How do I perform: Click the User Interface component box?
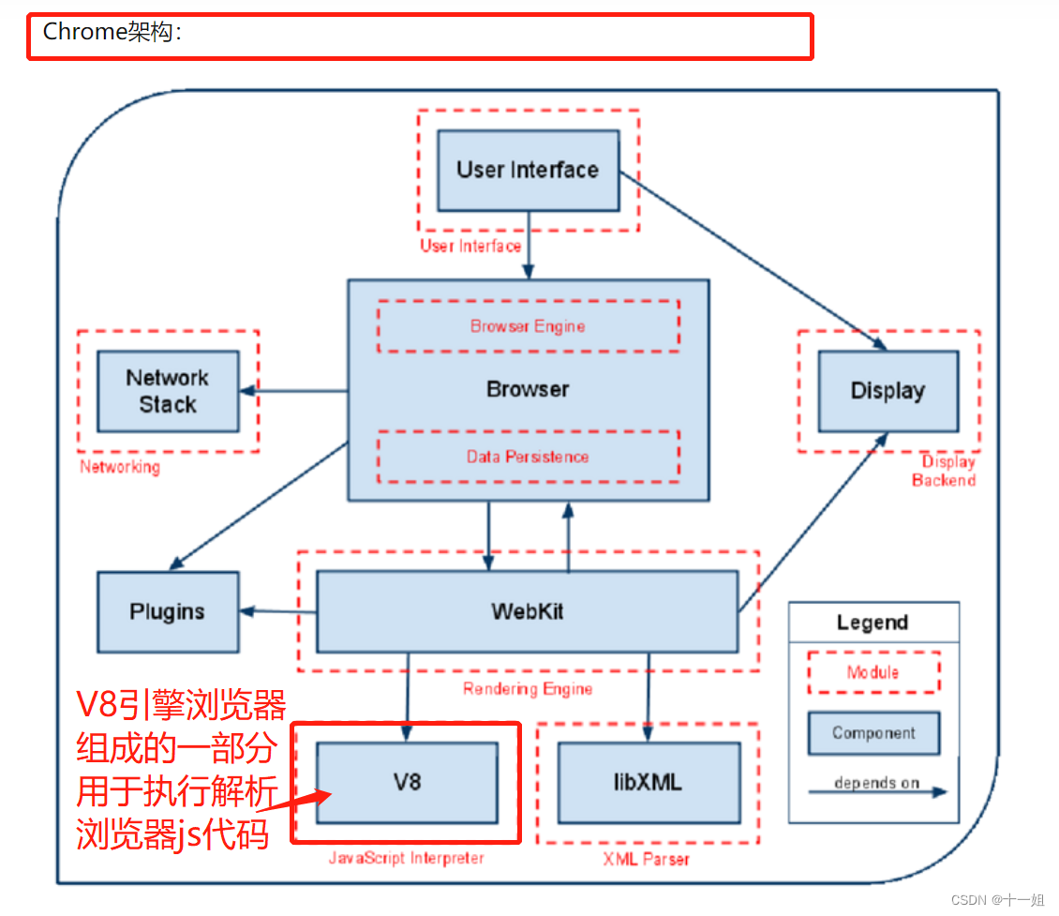[x=529, y=171]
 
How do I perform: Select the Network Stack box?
[x=168, y=391]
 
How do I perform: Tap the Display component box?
[x=887, y=391]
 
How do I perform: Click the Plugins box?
[x=168, y=612]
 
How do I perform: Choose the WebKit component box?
[x=527, y=612]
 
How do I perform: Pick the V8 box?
[x=407, y=782]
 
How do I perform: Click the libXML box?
[x=649, y=782]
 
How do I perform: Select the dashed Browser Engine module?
[x=528, y=326]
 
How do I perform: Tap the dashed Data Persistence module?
[x=528, y=457]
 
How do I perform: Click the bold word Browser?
[x=528, y=389]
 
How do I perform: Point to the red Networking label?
[x=120, y=467]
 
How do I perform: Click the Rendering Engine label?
[x=528, y=689]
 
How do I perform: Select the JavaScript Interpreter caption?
[x=406, y=858]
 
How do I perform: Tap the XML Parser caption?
[x=647, y=858]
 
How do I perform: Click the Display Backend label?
[x=945, y=471]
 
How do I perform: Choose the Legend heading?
[x=873, y=623]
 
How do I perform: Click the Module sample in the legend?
[x=873, y=672]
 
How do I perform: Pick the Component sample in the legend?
[x=873, y=733]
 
